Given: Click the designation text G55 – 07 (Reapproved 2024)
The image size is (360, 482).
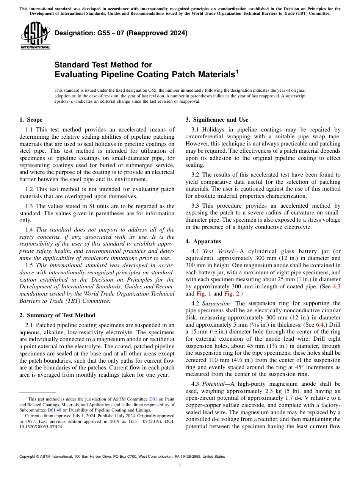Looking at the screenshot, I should click(x=121, y=33).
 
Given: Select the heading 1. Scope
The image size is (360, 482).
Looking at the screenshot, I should click(x=31, y=120).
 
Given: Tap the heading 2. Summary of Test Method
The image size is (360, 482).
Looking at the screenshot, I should click(x=57, y=315).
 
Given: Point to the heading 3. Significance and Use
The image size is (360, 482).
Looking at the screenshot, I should click(x=217, y=120).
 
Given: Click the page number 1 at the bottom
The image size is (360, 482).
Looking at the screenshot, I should click(x=180, y=466).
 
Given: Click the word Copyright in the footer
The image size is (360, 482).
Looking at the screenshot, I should click(x=28, y=457).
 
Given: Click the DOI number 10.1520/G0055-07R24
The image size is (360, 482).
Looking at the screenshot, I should click(x=41, y=426).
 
